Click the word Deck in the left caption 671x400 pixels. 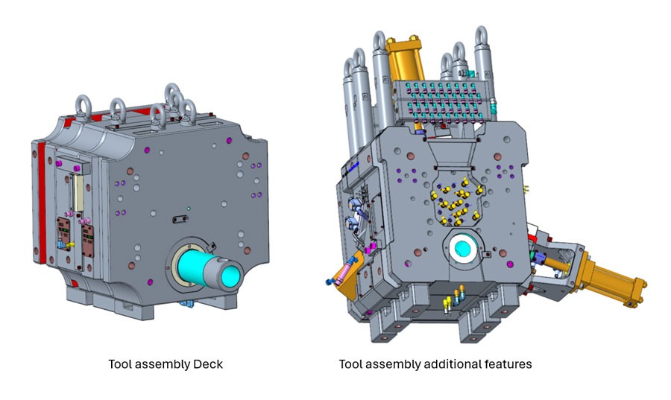(208, 364)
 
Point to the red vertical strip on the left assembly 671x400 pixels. (50, 201)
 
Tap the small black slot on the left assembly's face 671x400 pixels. (177, 219)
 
